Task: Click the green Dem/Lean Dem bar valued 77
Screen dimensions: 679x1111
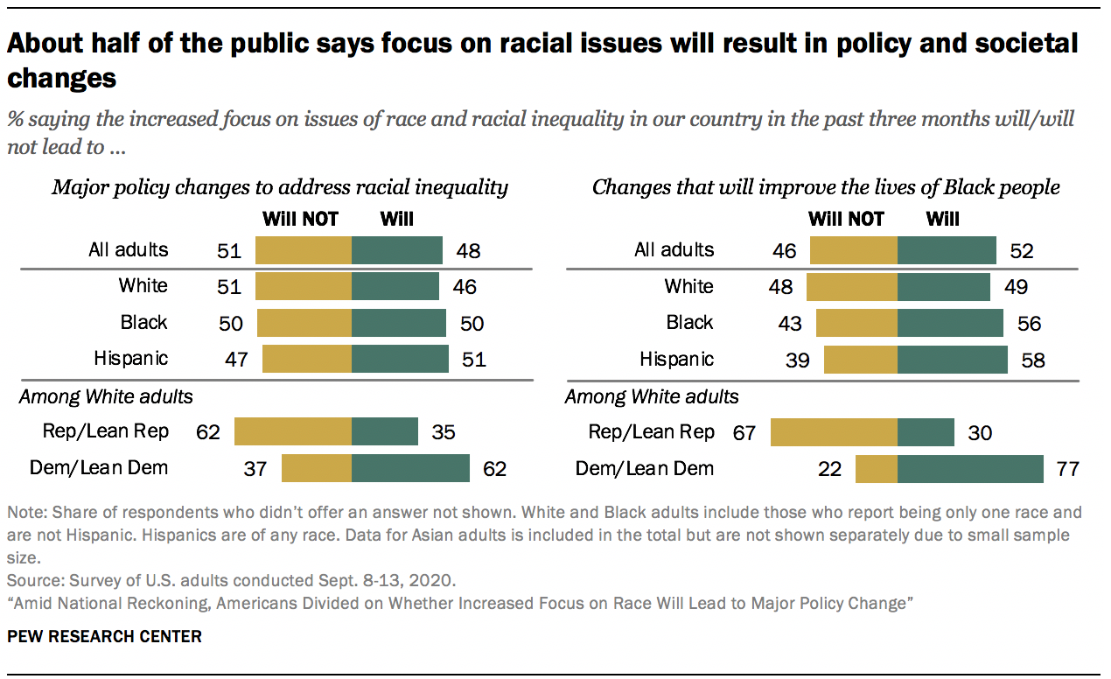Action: coord(970,469)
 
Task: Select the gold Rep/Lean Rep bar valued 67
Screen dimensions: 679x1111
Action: coord(834,432)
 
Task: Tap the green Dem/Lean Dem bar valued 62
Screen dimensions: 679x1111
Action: coord(410,468)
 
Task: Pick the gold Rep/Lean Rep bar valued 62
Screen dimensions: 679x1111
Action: coord(293,431)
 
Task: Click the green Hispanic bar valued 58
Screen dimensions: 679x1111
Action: coord(952,360)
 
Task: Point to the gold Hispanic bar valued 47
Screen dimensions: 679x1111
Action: coord(307,359)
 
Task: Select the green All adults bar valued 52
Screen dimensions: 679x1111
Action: coord(947,250)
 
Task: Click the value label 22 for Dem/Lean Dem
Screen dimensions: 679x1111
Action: coord(829,470)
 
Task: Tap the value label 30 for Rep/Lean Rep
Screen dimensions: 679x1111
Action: coord(980,432)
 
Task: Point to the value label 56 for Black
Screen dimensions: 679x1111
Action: coord(1029,324)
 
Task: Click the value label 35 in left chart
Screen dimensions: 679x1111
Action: coord(444,432)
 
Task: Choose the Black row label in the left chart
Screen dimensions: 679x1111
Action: coord(143,322)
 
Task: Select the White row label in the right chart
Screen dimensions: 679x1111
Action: coord(688,286)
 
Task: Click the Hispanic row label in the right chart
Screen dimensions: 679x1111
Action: coord(676,360)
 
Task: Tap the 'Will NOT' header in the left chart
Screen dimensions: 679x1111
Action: coord(300,219)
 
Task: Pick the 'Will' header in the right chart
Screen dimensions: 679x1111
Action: coord(942,219)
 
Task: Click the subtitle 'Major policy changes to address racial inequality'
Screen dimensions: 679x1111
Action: coord(280,186)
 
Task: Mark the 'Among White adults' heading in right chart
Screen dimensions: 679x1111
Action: coord(652,396)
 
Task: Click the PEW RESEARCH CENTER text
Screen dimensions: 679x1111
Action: coord(104,636)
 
